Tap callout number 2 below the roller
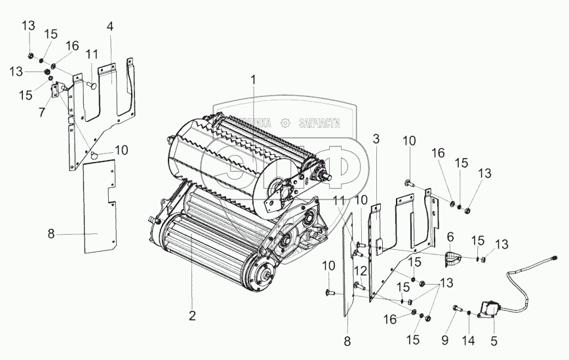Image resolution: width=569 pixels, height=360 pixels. [x=192, y=315]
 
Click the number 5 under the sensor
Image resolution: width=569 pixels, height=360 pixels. [x=494, y=341]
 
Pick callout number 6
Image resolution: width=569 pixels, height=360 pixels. [x=450, y=236]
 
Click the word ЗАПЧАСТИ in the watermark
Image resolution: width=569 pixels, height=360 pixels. [x=319, y=122]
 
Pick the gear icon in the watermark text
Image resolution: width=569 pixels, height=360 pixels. [x=285, y=122]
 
